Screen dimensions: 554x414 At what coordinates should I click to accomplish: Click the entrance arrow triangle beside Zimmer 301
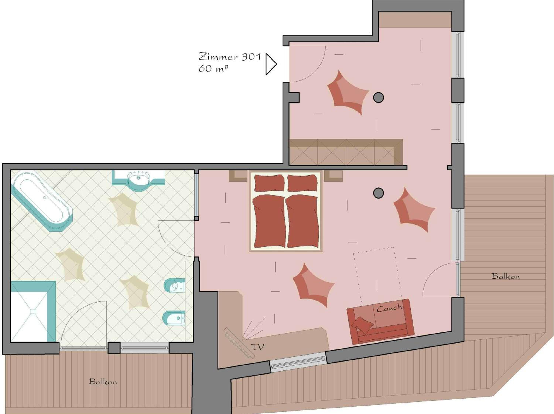click(271, 64)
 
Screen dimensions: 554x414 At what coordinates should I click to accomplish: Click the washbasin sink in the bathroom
click(138, 178)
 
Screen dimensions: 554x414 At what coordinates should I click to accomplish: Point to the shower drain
click(33, 311)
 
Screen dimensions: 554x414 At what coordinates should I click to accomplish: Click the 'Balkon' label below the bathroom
click(103, 382)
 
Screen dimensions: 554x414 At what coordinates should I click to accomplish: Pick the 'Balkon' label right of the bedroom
click(506, 276)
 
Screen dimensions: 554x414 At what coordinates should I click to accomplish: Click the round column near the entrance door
click(378, 98)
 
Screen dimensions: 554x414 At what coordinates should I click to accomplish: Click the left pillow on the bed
click(269, 183)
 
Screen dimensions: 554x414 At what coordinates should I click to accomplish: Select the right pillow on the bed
click(302, 183)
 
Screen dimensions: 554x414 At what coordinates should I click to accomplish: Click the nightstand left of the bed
click(238, 176)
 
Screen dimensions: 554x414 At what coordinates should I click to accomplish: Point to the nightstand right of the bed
click(333, 176)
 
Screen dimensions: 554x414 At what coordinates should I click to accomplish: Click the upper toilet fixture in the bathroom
click(175, 285)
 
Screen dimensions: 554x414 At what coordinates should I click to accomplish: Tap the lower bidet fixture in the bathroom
click(174, 318)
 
